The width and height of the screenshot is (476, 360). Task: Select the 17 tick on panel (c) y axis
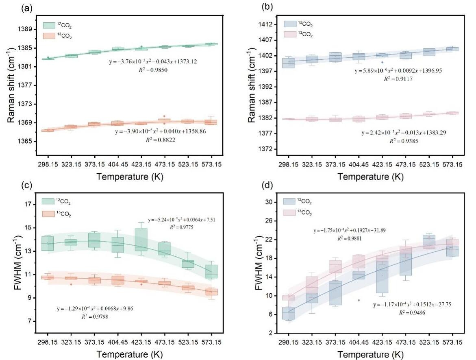pos(30,205)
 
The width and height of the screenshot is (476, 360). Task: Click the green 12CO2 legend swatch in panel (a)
pos(49,25)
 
